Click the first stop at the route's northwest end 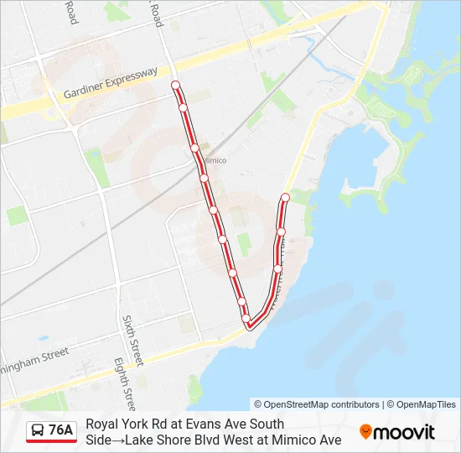point(176,85)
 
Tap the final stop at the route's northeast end point(285,198)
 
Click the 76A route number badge point(60,430)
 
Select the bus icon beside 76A point(38,430)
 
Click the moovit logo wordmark point(405,432)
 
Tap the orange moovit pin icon point(365,431)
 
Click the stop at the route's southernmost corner point(249,325)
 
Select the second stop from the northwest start point(183,107)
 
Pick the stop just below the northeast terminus point(282,231)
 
